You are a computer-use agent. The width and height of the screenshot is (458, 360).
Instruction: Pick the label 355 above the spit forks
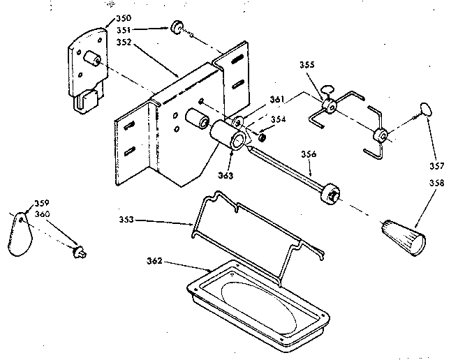(x=306, y=65)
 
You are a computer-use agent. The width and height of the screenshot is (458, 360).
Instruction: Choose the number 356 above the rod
(x=310, y=155)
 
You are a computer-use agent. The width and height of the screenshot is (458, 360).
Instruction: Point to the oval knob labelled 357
(x=424, y=108)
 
